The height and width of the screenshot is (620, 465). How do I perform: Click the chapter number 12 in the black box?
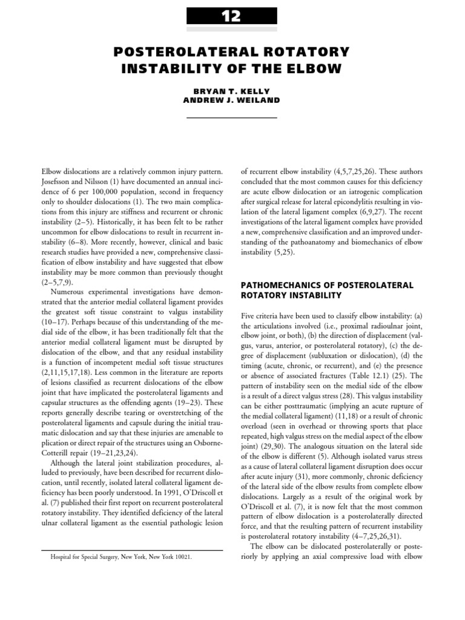(232, 17)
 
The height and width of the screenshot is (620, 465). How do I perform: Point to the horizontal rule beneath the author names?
(232, 117)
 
